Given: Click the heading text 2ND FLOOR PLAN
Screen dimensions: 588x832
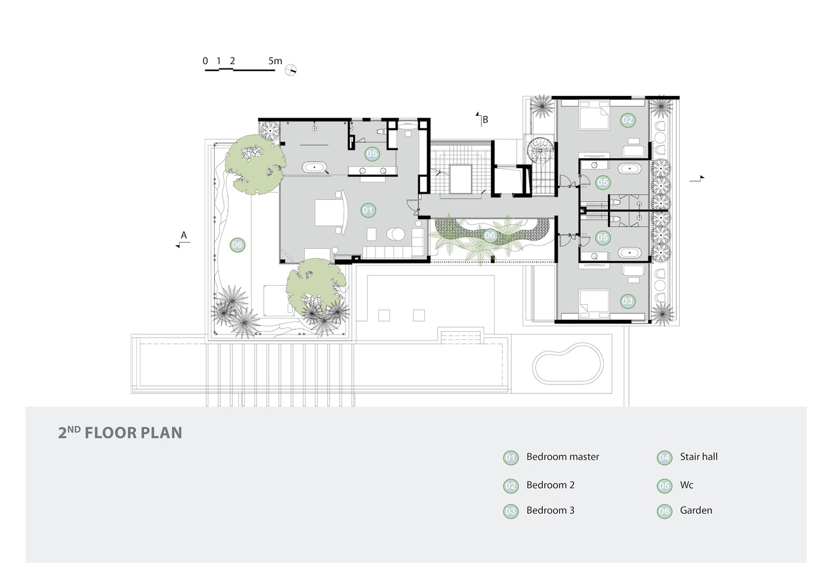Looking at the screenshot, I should pyautogui.click(x=120, y=433).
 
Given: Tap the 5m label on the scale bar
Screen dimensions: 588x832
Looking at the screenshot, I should pyautogui.click(x=275, y=61).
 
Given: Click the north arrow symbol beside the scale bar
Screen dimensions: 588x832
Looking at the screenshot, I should pyautogui.click(x=290, y=71).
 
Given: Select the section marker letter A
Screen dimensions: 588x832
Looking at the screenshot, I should pyautogui.click(x=184, y=236).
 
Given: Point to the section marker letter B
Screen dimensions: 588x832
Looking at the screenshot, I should pyautogui.click(x=485, y=120).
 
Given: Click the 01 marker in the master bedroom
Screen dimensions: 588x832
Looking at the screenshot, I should pyautogui.click(x=367, y=210).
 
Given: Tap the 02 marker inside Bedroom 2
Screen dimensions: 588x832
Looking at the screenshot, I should pyautogui.click(x=627, y=121).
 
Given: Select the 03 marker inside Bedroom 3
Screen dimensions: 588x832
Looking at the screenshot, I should pyautogui.click(x=627, y=301).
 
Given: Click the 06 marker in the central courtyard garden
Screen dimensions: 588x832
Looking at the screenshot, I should pyautogui.click(x=490, y=236).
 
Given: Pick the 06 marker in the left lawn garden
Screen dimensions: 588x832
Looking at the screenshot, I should pyautogui.click(x=237, y=245).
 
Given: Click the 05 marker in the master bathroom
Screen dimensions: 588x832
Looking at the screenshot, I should pyautogui.click(x=371, y=154).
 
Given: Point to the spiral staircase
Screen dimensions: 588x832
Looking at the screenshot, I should pyautogui.click(x=540, y=151).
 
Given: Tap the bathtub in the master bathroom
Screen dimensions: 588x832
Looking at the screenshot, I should pyautogui.click(x=315, y=168).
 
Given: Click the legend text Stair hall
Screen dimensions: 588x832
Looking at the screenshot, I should pyautogui.click(x=698, y=457).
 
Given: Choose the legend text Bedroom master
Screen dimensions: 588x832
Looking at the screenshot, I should pyautogui.click(x=563, y=457).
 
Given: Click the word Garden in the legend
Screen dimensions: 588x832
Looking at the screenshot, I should pyautogui.click(x=695, y=510).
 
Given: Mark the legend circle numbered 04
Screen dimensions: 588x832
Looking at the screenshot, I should pyautogui.click(x=664, y=457).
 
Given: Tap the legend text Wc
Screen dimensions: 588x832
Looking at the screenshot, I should pyautogui.click(x=687, y=485).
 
